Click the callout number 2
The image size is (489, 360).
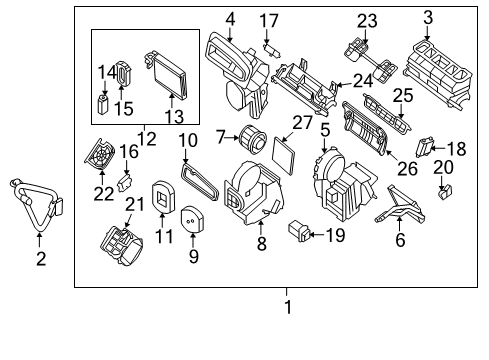(x=41, y=258)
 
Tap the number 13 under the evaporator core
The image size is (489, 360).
(x=174, y=117)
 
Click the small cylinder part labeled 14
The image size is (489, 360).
(x=103, y=104)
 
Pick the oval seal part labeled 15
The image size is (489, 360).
(x=124, y=74)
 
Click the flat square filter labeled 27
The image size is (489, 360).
(x=284, y=156)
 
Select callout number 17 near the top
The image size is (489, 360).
(x=269, y=21)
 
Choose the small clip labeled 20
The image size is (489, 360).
(x=444, y=192)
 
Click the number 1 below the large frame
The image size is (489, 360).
(x=288, y=307)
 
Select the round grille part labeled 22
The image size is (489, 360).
(x=100, y=155)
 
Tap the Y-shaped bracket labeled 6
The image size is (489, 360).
(x=400, y=206)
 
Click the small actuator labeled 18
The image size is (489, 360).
(x=425, y=146)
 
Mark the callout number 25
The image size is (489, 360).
(x=403, y=96)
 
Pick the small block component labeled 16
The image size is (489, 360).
(x=125, y=182)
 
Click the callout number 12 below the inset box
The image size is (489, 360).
(x=147, y=139)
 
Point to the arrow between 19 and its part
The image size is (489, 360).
(x=317, y=234)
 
